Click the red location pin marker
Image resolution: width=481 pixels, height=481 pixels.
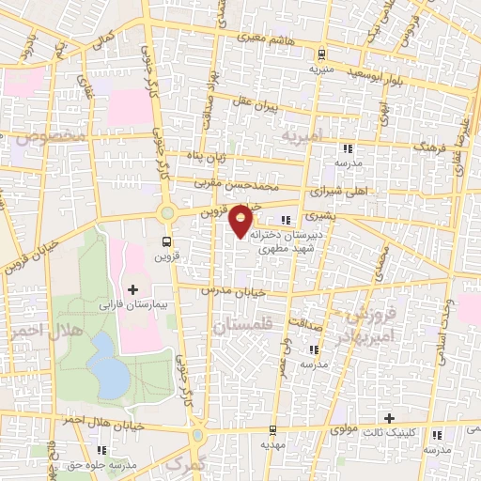click(241, 221)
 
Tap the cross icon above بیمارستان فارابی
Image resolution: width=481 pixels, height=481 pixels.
click(132, 288)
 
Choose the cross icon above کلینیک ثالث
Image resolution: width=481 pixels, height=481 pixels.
click(389, 417)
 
